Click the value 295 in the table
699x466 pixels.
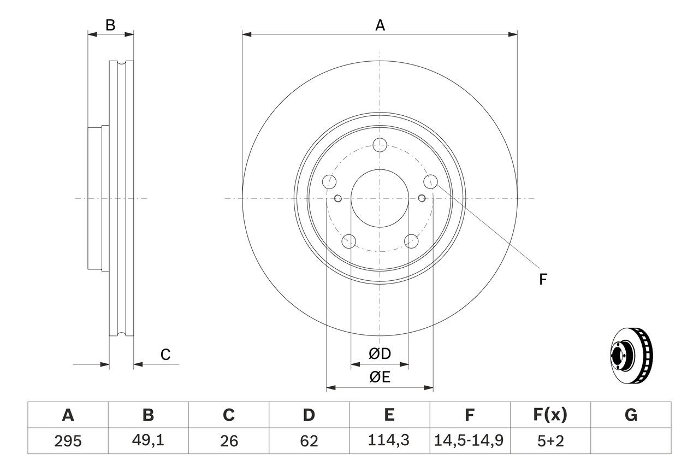pyautogui.click(x=68, y=441)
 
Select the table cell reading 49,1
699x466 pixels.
pyautogui.click(x=148, y=441)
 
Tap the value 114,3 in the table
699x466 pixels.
pyautogui.click(x=389, y=441)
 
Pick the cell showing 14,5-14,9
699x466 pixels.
pyautogui.click(x=469, y=441)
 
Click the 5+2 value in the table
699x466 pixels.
pyautogui.click(x=549, y=441)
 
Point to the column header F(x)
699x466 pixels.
pyautogui.click(x=549, y=415)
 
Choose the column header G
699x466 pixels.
pyautogui.click(x=631, y=415)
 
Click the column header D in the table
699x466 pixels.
pyautogui.click(x=309, y=415)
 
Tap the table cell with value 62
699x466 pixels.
pyautogui.click(x=309, y=441)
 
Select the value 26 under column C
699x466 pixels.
pyautogui.click(x=228, y=441)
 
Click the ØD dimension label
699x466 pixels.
pyautogui.click(x=380, y=354)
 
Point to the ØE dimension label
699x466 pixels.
pyautogui.click(x=380, y=377)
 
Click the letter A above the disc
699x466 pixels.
pyautogui.click(x=380, y=25)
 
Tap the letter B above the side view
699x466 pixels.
pyautogui.click(x=110, y=25)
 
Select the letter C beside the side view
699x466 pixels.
pyautogui.click(x=165, y=355)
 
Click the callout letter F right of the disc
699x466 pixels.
pyautogui.click(x=543, y=280)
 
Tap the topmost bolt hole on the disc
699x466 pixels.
pyautogui.click(x=380, y=145)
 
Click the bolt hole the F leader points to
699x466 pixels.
pyautogui.click(x=431, y=181)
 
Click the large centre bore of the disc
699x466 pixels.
pyautogui.click(x=380, y=198)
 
